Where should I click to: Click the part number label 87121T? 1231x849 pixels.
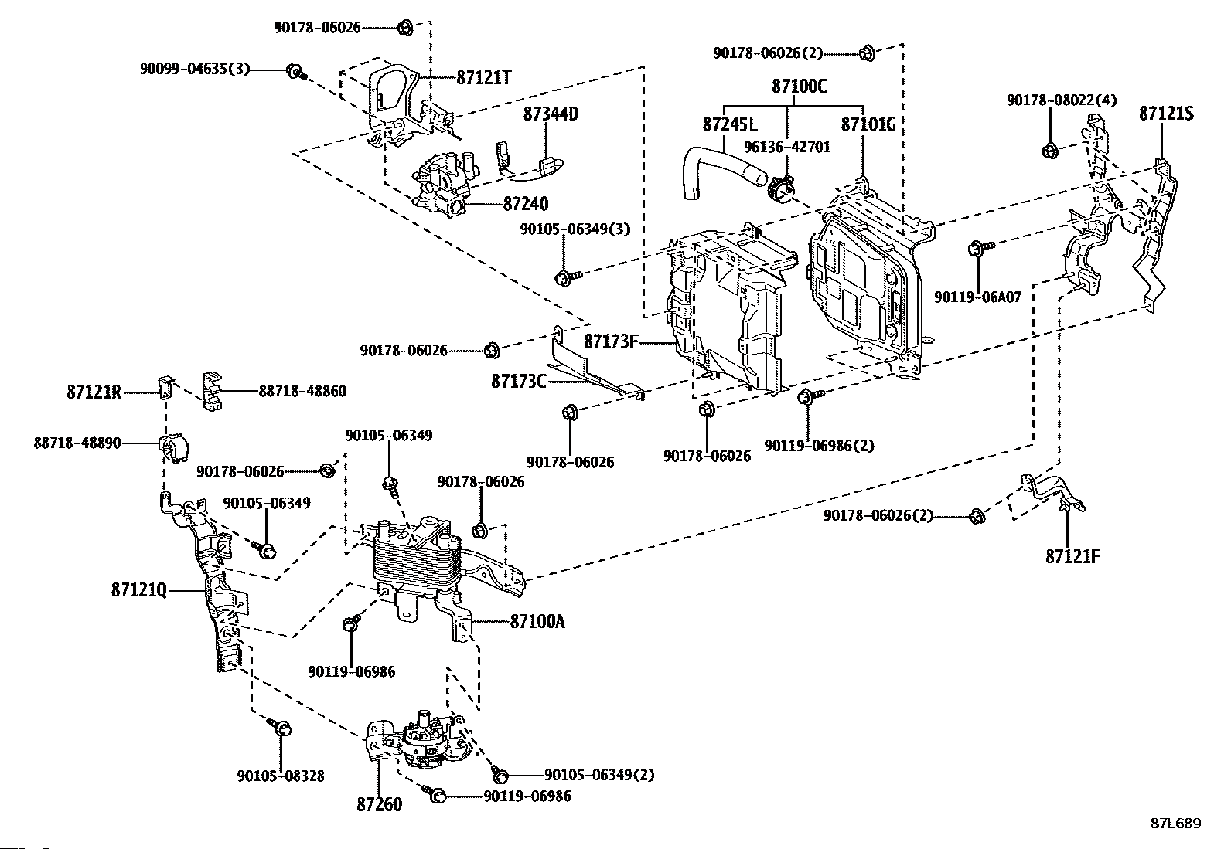pos(485,78)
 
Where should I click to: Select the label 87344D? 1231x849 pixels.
pos(551,114)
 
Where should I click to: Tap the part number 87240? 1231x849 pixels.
pos(525,204)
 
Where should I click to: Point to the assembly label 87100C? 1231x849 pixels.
pos(799,87)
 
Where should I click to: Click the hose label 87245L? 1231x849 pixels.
pos(730,124)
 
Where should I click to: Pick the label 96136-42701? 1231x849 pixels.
pos(787,146)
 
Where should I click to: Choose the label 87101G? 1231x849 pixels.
pos(868,124)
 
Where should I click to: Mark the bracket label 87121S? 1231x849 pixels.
pos(1166,114)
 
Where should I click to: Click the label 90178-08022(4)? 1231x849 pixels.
pos(1061,100)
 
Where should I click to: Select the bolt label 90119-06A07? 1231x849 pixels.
pos(977,297)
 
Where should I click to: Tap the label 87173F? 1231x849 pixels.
pos(611,341)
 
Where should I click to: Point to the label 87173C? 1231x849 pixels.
pos(518,381)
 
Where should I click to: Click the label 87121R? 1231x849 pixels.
pos(94,392)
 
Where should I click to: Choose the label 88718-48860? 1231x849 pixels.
pos(302,392)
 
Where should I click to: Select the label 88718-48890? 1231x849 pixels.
pos(77,444)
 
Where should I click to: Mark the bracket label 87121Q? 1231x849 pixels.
pos(138,590)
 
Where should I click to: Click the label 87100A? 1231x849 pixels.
pos(537,621)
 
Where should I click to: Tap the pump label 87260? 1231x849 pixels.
pos(379,804)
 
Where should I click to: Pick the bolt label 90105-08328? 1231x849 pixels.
pos(281,776)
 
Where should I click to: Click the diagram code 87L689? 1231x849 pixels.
pos(1175,824)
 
